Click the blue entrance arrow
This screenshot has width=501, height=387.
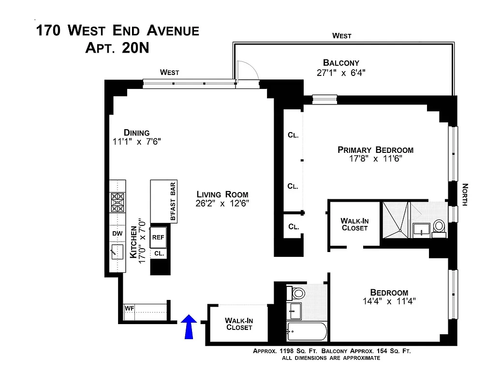[x=189, y=327]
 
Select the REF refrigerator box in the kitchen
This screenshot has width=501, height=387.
[x=158, y=237]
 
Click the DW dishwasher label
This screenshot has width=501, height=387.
[x=118, y=234]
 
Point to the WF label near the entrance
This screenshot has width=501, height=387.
[x=129, y=308]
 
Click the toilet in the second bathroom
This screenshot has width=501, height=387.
[x=296, y=293]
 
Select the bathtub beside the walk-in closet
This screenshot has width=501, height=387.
[x=306, y=331]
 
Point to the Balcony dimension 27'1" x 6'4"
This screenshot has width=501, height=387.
[x=341, y=73]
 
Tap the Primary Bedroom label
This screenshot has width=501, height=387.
[x=375, y=150]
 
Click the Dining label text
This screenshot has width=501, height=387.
[x=136, y=133]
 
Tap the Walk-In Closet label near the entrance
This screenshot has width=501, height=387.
[x=238, y=324]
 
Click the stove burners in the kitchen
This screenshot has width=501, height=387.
[x=118, y=202]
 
